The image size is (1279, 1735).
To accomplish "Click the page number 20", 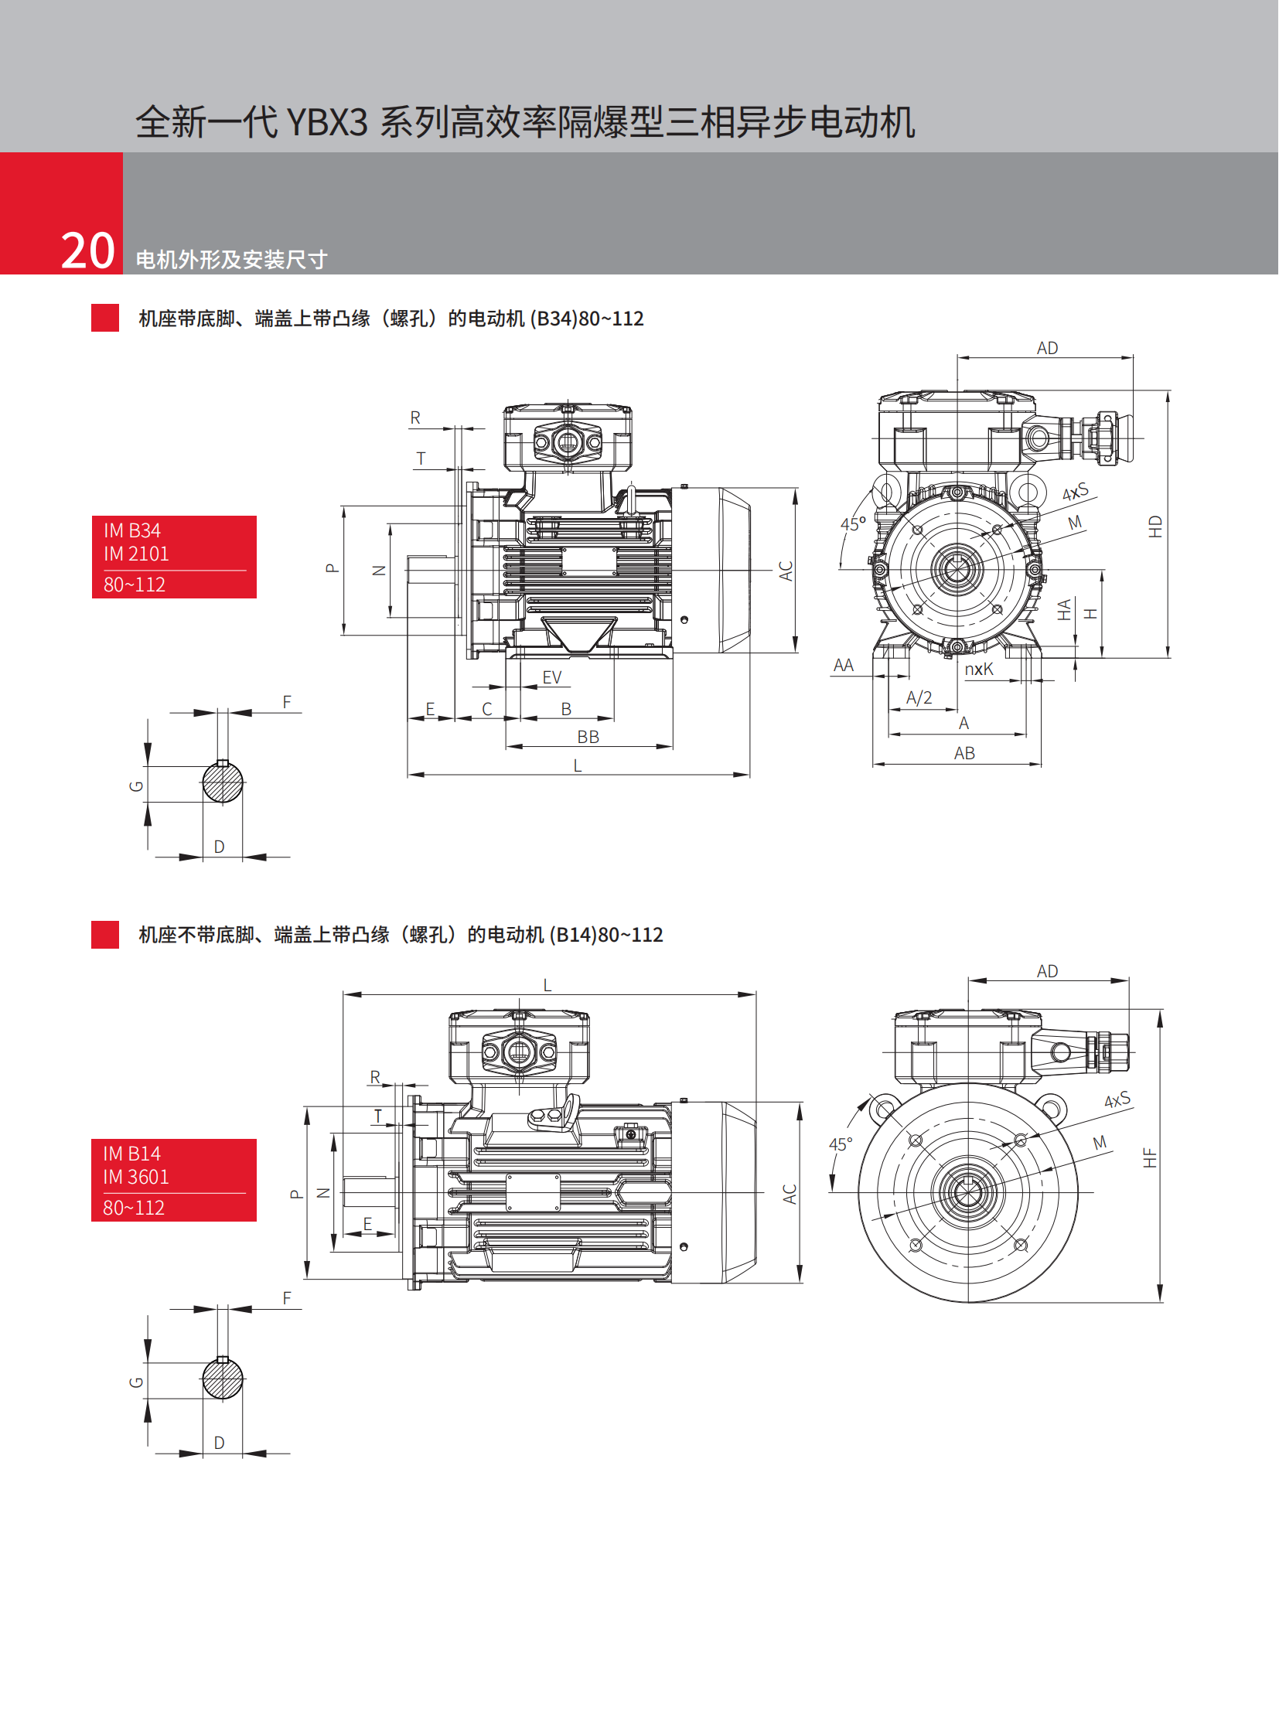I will (x=87, y=251).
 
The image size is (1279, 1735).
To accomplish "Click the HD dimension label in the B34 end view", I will (x=1155, y=527).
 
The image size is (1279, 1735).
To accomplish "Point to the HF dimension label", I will (x=1151, y=1157).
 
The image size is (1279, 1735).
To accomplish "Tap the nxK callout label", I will (x=979, y=669).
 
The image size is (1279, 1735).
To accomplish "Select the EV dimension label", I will (x=551, y=677).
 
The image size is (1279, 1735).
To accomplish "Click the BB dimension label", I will (x=588, y=737).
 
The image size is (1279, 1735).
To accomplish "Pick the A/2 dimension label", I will (x=919, y=697).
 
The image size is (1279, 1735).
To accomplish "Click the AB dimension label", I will (x=964, y=753).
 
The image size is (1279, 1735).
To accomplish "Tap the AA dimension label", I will (x=843, y=665).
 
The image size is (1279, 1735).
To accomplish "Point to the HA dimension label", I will (x=1065, y=610).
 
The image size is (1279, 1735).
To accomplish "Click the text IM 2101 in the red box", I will (x=136, y=554).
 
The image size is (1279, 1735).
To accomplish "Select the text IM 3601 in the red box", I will (x=136, y=1177).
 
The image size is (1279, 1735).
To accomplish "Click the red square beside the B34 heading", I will (x=105, y=318).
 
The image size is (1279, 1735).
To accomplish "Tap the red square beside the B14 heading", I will (x=105, y=935).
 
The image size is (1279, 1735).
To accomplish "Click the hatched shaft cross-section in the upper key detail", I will (x=223, y=782).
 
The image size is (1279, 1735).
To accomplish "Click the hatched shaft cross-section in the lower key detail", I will (x=223, y=1379).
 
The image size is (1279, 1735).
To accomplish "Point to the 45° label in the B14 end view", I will (x=840, y=1144).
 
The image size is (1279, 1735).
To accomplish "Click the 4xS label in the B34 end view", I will (x=1075, y=492).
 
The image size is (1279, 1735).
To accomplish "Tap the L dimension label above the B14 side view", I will (x=547, y=985).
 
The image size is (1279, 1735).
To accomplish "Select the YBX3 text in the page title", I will (x=327, y=122).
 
